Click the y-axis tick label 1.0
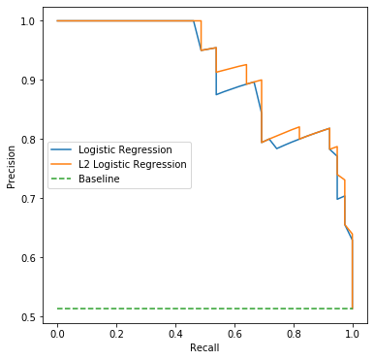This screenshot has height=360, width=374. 28,21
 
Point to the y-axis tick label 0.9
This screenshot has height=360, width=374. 28,81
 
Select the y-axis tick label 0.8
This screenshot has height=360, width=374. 28,140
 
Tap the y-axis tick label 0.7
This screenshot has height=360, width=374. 28,199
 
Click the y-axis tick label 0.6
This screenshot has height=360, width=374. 28,258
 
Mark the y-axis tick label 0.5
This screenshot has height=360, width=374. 28,317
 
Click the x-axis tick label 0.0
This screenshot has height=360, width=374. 57,334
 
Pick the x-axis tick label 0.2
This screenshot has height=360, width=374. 116,334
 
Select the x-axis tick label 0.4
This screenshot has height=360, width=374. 175,334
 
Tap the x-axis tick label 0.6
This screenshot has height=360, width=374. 234,334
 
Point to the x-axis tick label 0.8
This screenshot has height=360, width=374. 294,334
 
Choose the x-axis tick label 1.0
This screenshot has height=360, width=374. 353,334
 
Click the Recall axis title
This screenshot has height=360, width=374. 204,347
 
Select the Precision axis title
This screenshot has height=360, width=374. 12,167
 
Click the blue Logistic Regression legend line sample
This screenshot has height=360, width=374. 61,149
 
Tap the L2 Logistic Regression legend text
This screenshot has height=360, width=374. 133,164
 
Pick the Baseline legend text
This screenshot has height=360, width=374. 99,179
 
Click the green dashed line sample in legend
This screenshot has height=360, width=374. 61,179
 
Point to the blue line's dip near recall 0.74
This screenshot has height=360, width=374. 276,148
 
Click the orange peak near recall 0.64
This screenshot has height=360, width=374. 246,65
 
